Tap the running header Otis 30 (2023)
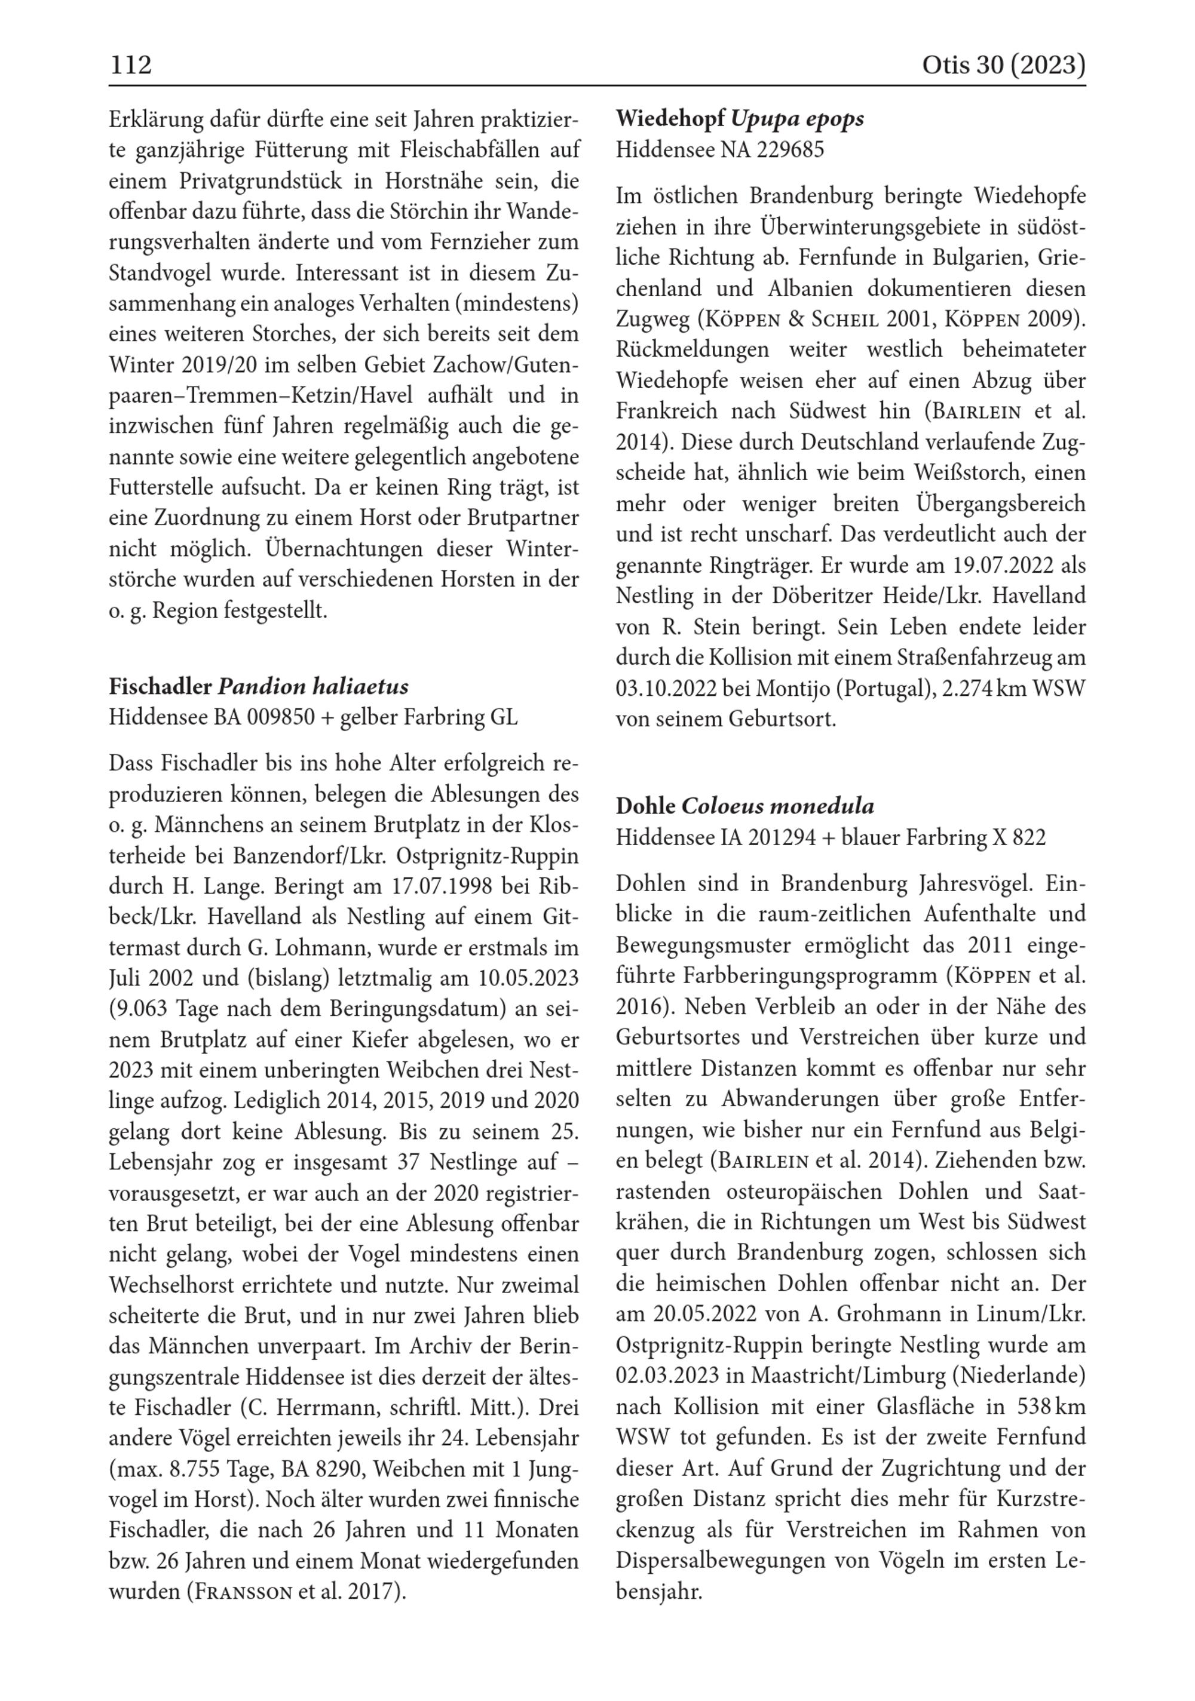coord(1003,65)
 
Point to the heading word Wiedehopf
coord(670,119)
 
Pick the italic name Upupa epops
coord(797,119)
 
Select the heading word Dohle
coord(646,806)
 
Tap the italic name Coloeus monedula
coord(777,806)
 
